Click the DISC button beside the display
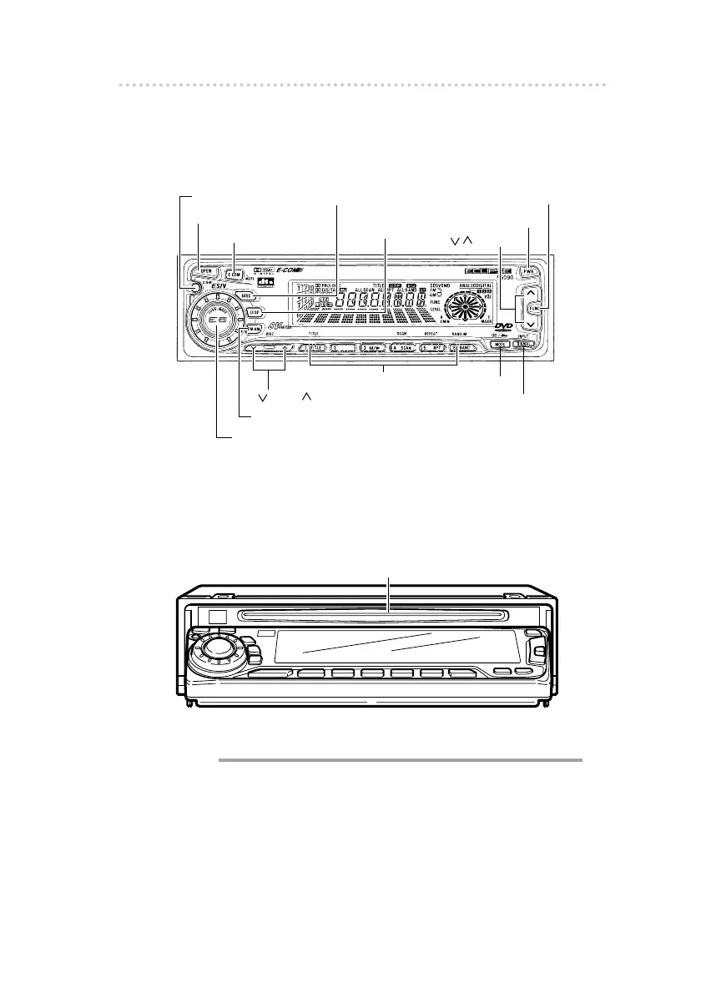point(245,295)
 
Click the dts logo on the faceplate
point(265,283)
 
